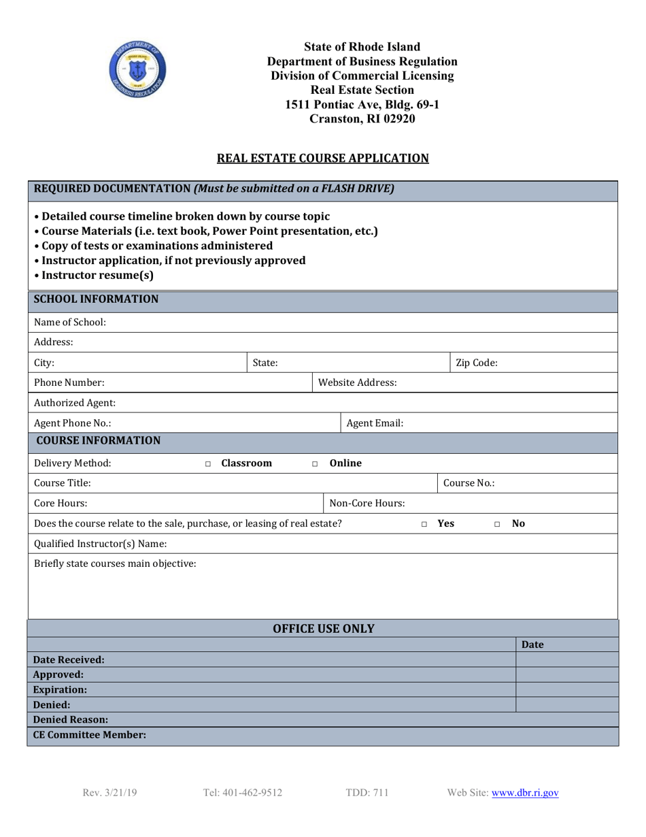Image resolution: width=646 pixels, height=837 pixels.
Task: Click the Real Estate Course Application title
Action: [322, 159]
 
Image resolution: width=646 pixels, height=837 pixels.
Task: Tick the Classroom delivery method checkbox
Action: [208, 464]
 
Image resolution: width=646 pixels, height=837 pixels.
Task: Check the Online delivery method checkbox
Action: [315, 464]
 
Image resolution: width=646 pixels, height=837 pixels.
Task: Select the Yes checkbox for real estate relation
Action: [424, 524]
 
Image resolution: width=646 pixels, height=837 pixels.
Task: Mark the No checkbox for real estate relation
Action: [497, 524]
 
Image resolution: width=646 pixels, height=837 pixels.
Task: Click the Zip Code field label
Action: [476, 363]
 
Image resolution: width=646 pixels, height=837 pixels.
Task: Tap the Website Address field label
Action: [358, 383]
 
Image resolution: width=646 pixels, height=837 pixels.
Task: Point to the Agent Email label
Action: [375, 423]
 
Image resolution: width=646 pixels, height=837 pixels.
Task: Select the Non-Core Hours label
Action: [367, 504]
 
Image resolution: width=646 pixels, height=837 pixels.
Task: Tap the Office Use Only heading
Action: [323, 629]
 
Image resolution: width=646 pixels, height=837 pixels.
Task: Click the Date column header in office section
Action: [532, 644]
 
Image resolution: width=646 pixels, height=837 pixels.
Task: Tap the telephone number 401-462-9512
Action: [242, 793]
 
